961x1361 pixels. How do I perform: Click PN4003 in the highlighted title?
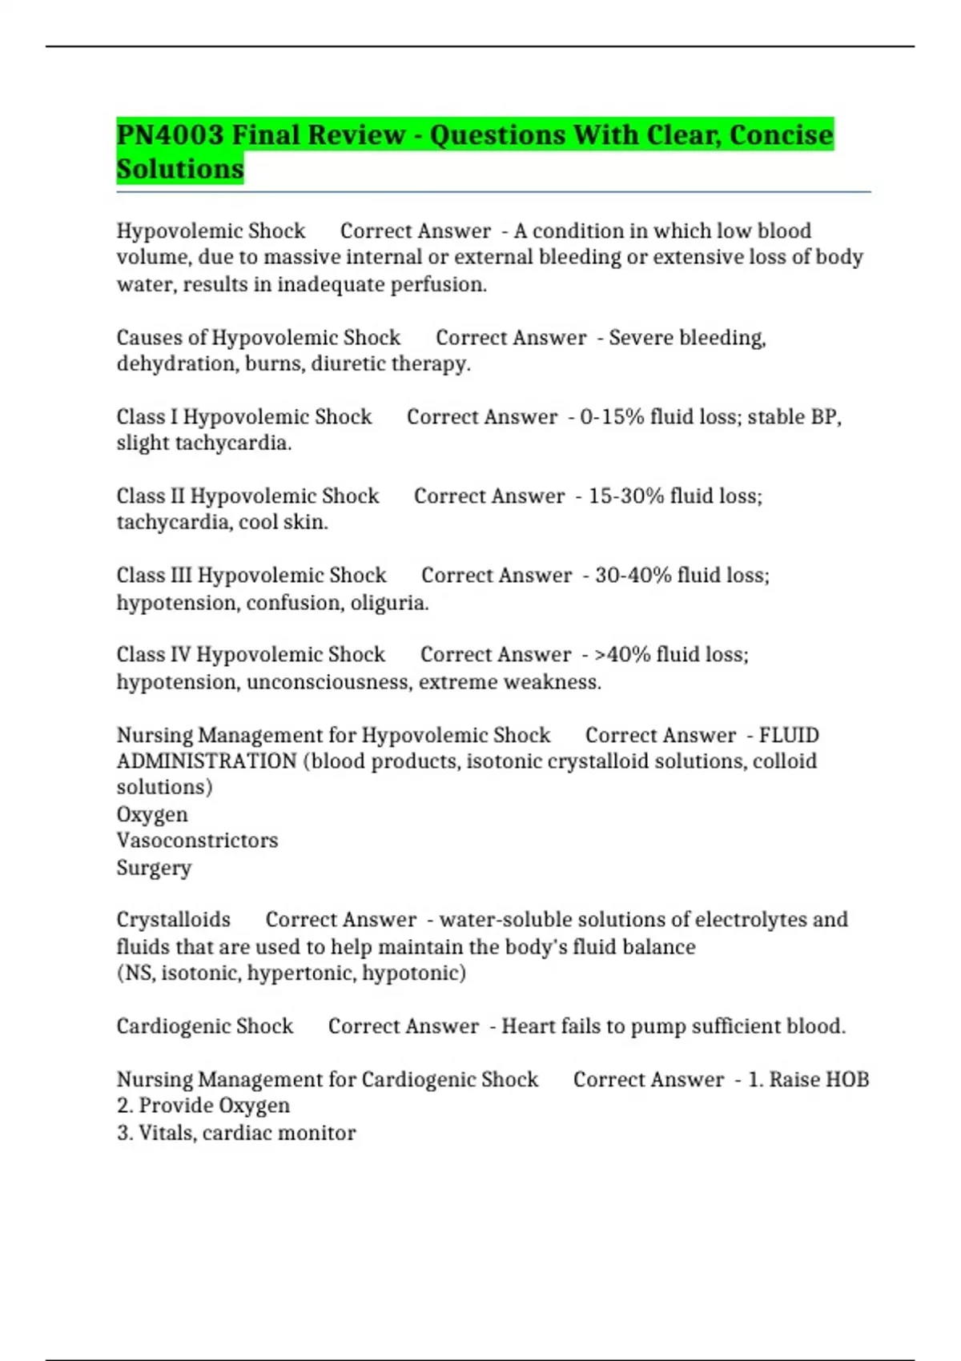(x=170, y=134)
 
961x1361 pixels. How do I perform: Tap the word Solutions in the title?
(x=180, y=170)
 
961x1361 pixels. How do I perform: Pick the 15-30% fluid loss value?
(x=625, y=496)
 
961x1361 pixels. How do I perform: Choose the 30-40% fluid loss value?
(x=633, y=576)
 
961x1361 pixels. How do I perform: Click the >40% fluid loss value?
(x=621, y=655)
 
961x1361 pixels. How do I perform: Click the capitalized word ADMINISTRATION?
(x=207, y=761)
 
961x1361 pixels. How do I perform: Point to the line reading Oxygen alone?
(x=152, y=814)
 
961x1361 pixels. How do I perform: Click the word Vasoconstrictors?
(x=197, y=841)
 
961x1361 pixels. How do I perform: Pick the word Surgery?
(x=154, y=868)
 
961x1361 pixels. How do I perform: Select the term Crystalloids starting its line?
(x=173, y=920)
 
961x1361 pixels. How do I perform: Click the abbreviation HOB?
(x=847, y=1079)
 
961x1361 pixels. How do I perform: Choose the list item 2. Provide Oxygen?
(x=203, y=1106)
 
